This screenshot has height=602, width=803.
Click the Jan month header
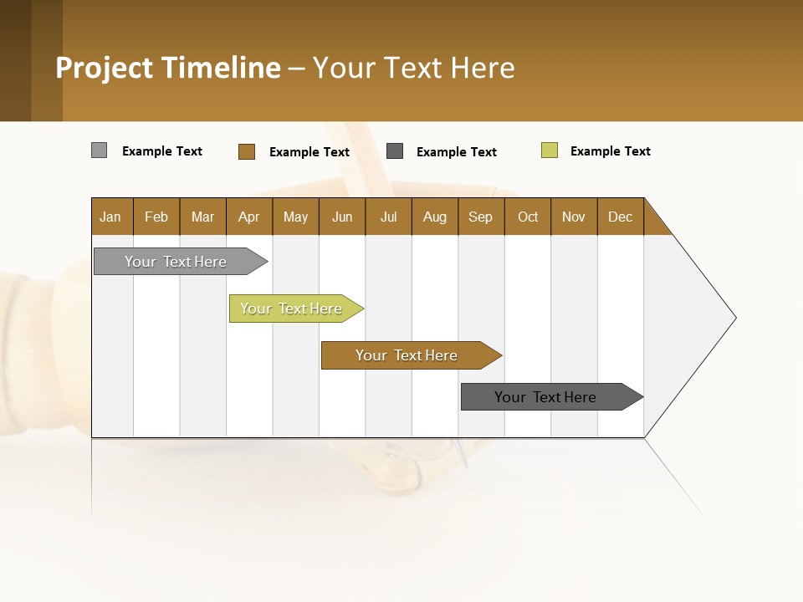pos(111,217)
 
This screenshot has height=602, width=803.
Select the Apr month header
pos(249,217)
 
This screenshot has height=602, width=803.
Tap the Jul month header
pos(388,217)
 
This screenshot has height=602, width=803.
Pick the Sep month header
pos(481,217)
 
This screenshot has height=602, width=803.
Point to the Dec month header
pos(620,217)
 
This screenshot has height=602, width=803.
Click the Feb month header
pos(156,217)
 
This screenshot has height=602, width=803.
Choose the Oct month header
pos(528,217)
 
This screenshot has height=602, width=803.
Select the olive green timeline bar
pos(293,309)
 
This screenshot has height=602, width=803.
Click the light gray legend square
pos(99,150)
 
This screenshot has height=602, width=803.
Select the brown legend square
pos(246,151)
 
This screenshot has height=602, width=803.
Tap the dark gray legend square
pos(395,151)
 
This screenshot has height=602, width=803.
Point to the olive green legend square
pos(549,150)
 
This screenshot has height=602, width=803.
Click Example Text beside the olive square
pos(610,151)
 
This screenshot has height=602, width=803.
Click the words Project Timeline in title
pos(167,68)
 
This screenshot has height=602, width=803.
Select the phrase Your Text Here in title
pos(414,68)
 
